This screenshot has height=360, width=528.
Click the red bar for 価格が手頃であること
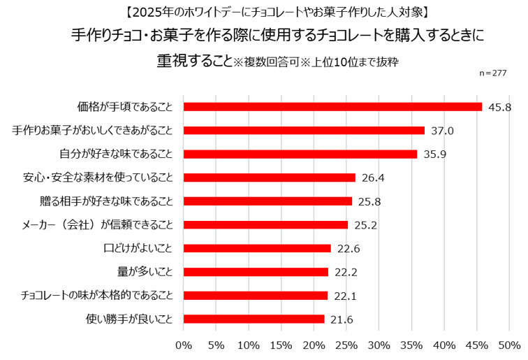pos(332,107)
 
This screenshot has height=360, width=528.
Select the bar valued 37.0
pos(304,131)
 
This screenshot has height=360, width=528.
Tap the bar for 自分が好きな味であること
pos(300,154)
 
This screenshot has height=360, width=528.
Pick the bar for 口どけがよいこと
pos(257,248)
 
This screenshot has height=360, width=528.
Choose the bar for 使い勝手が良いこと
pos(254,319)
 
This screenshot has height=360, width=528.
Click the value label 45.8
pos(500,107)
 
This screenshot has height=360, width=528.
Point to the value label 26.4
pos(373,178)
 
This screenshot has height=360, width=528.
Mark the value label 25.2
pos(365,225)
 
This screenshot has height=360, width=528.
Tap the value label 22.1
pos(345,296)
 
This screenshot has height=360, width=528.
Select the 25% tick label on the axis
pos(346,345)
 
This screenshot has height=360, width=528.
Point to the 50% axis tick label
pos(509,345)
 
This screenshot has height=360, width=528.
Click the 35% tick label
pos(411,345)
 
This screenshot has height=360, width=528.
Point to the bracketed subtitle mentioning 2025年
pos(264,12)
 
